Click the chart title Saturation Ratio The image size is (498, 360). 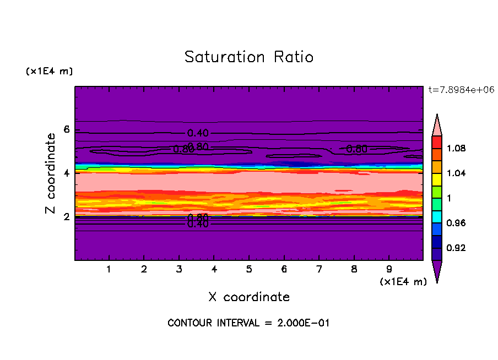click(249, 57)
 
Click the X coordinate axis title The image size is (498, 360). click(249, 297)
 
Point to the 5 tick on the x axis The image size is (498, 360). click(249, 270)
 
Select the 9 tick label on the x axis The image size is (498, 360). click(389, 270)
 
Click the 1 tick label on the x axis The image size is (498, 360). click(109, 270)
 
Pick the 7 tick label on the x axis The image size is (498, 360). click(319, 270)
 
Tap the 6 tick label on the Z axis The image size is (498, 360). click(67, 130)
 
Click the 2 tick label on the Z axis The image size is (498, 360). click(67, 217)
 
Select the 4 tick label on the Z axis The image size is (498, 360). click(67, 173)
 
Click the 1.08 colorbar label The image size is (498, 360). click(456, 148)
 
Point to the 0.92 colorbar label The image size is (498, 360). click(456, 248)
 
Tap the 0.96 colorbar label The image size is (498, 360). click(456, 223)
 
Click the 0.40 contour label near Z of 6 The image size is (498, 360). click(198, 133)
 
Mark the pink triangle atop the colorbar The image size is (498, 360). click(437, 125)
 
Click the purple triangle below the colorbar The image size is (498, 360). click(437, 271)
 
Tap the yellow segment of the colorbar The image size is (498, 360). click(437, 179)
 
